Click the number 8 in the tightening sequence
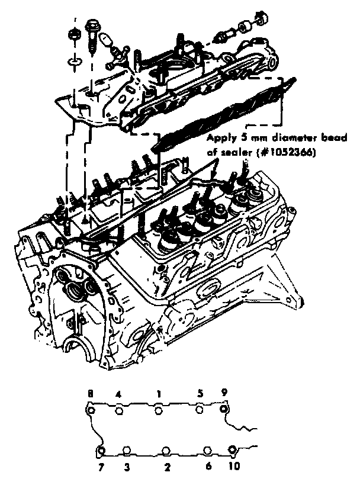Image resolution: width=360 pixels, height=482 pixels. [x=90, y=393]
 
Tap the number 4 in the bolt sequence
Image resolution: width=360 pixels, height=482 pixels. [x=118, y=393]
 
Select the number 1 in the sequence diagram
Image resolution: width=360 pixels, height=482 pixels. [x=159, y=393]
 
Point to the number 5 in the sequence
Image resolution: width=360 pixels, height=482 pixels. [x=200, y=393]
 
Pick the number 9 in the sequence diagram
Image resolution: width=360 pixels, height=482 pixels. [x=224, y=393]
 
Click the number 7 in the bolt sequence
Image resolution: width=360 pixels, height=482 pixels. [x=100, y=467]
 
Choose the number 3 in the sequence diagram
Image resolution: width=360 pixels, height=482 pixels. [x=126, y=467]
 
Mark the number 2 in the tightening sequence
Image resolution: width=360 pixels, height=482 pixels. [x=168, y=467]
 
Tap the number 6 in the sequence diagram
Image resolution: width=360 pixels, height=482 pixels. [x=208, y=467]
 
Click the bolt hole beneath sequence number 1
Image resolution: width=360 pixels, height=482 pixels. [x=158, y=410]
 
